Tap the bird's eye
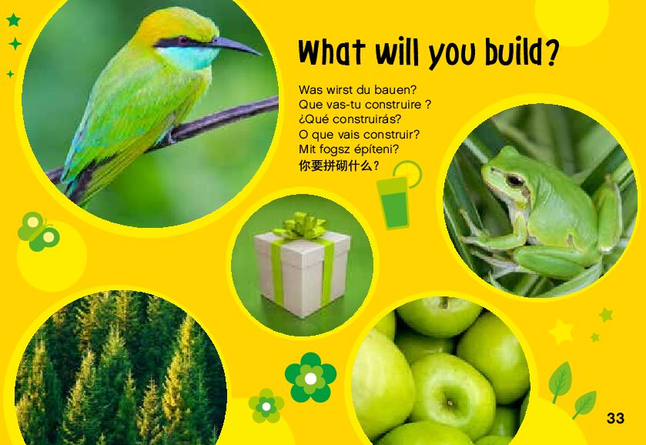click(183, 40)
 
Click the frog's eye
click(515, 180)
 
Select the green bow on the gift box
click(303, 226)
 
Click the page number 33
click(615, 418)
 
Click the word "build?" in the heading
click(521, 53)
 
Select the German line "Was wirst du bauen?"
click(357, 89)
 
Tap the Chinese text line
click(339, 166)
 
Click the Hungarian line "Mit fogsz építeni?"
click(349, 149)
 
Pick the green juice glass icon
click(393, 202)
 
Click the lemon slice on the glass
click(409, 172)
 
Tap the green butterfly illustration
click(38, 231)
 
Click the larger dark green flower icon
click(310, 377)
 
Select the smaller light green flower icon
click(266, 406)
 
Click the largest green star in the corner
click(14, 20)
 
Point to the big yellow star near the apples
click(561, 332)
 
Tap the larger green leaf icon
click(560, 382)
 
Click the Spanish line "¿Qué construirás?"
click(350, 119)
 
